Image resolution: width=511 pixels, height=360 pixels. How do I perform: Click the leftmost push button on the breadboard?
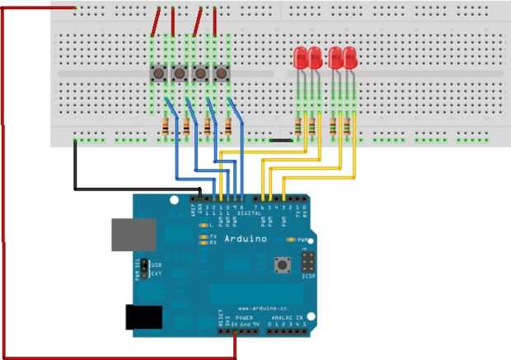click(x=158, y=74)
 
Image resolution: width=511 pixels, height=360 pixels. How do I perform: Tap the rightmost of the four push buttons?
click(x=221, y=74)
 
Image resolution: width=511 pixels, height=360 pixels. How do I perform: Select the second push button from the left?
click(x=179, y=74)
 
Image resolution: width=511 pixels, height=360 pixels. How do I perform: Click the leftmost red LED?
click(x=301, y=58)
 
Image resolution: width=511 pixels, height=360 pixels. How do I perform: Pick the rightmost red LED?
click(x=350, y=58)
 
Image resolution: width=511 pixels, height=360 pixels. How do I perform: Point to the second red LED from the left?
click(x=315, y=58)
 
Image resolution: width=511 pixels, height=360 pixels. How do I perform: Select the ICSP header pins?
click(x=308, y=263)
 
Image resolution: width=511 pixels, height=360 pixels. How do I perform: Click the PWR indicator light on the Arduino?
click(x=293, y=240)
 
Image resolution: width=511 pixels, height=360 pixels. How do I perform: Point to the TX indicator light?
click(x=203, y=236)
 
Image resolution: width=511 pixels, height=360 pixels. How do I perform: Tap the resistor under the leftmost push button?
click(x=168, y=128)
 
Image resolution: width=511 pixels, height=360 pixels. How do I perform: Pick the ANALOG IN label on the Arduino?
click(x=288, y=316)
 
